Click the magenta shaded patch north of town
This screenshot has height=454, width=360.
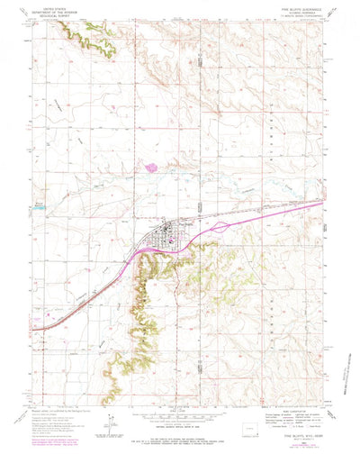[x=148, y=166]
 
